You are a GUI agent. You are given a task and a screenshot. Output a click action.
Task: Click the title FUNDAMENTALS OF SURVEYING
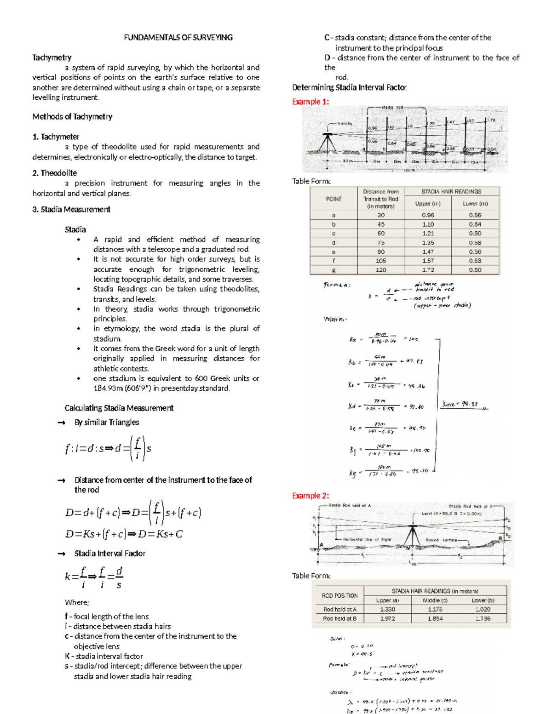click(178, 38)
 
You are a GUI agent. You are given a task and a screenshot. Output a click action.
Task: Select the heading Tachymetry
click(52, 57)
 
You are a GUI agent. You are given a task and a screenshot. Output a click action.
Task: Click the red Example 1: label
click(310, 102)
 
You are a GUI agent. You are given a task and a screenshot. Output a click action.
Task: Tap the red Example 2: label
click(310, 496)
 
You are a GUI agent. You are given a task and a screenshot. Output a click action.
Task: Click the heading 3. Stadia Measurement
click(71, 210)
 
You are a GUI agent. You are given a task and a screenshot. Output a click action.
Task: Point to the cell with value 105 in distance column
click(381, 261)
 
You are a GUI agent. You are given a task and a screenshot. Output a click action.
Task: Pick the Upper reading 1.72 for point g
click(428, 270)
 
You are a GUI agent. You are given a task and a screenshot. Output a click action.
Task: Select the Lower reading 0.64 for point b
click(475, 224)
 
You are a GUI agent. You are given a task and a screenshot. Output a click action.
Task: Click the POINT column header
click(333, 199)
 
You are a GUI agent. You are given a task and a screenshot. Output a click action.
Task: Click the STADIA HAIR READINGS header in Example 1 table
click(451, 191)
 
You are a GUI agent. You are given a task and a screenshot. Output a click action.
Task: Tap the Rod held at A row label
click(339, 609)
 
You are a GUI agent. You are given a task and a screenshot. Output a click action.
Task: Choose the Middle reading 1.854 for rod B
click(435, 619)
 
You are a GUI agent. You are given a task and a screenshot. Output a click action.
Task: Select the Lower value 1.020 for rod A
click(483, 609)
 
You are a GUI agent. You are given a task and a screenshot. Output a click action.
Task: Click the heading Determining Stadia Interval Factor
click(349, 87)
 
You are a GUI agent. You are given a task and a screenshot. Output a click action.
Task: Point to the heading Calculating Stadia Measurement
click(119, 408)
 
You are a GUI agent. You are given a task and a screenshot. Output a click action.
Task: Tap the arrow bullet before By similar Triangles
click(61, 423)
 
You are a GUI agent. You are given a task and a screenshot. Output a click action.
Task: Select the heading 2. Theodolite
click(54, 173)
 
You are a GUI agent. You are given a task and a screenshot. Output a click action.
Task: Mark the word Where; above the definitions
click(77, 602)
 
